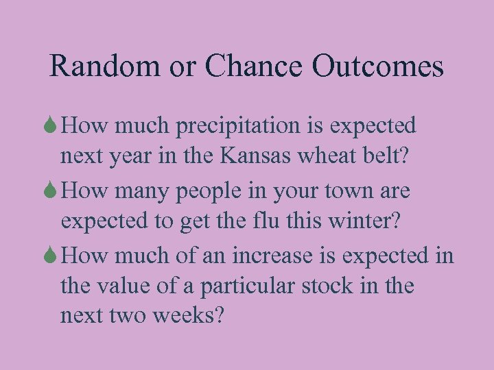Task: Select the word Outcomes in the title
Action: click(377, 66)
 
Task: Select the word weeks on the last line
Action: click(197, 316)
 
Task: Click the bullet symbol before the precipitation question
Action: click(53, 126)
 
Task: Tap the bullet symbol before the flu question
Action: click(53, 191)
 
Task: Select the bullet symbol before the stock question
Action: click(53, 256)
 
